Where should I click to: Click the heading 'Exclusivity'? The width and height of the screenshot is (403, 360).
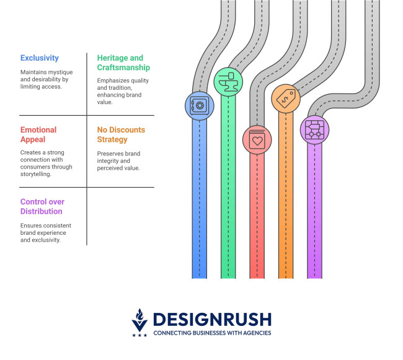pyautogui.click(x=39, y=58)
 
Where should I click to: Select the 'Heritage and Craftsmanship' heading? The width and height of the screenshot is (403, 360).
pyautogui.click(x=123, y=63)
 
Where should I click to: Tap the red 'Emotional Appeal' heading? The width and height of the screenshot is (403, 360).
pyautogui.click(x=38, y=134)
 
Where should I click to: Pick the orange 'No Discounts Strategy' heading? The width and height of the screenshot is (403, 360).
pyautogui.click(x=121, y=134)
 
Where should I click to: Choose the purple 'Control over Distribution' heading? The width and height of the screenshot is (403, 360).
pyautogui.click(x=42, y=206)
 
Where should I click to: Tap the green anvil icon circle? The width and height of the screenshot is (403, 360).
pyautogui.click(x=228, y=81)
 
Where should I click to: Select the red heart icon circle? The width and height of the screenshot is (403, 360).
pyautogui.click(x=257, y=139)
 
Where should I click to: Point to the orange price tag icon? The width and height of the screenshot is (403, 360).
pyautogui.click(x=286, y=97)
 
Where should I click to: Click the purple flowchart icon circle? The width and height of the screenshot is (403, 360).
pyautogui.click(x=314, y=130)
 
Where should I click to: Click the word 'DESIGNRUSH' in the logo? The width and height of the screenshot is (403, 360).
pyautogui.click(x=211, y=319)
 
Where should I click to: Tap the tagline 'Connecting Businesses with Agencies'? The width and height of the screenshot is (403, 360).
pyautogui.click(x=211, y=333)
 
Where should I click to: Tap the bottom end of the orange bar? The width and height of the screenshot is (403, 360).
pyautogui.click(x=286, y=276)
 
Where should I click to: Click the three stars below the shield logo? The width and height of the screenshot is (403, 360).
pyautogui.click(x=140, y=335)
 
